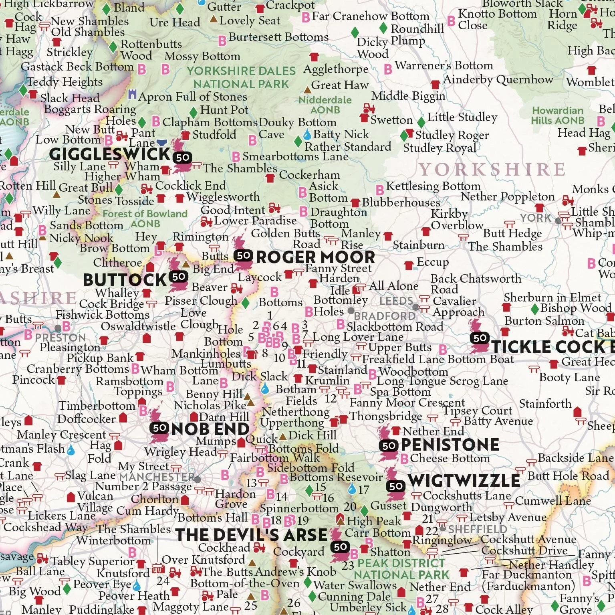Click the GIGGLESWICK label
tap(110, 154)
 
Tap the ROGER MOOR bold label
tap(315, 257)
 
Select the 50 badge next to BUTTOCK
tap(179, 276)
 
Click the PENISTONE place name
tap(450, 444)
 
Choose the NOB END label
tap(210, 429)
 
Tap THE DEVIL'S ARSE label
tap(251, 535)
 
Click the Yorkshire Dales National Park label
tap(241, 77)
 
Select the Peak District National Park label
tap(401, 569)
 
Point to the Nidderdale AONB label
tap(325, 105)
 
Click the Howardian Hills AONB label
tap(557, 115)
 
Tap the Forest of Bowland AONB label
tap(145, 218)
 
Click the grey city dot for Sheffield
tap(443, 528)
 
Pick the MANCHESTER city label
tap(157, 477)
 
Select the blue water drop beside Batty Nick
tap(307, 134)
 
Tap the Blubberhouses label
tap(401, 202)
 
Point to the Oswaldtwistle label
tap(138, 326)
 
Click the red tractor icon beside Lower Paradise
tap(206, 221)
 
